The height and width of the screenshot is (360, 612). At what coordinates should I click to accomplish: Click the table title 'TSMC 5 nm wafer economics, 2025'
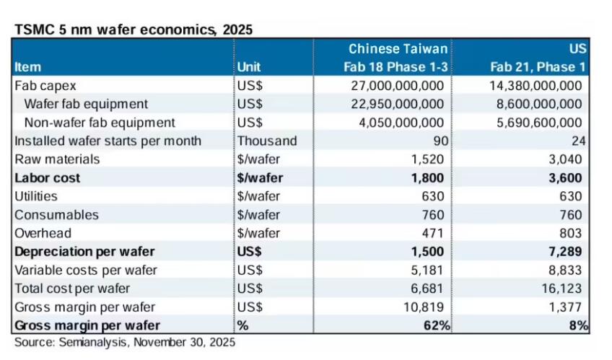point(133,30)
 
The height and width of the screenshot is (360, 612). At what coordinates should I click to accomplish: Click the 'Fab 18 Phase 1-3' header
point(397,67)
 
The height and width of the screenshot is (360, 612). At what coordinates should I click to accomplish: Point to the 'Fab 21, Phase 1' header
point(537,67)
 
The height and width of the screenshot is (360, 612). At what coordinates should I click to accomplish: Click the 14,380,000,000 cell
point(538,85)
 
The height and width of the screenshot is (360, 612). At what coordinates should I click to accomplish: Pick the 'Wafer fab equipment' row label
point(86,104)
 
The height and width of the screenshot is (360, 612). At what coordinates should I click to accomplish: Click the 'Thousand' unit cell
point(266,141)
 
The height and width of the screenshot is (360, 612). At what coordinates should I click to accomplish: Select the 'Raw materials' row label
point(57,159)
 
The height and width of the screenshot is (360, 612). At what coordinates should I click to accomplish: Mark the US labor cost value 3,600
point(567,177)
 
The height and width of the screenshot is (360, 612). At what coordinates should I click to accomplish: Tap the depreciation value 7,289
point(567,252)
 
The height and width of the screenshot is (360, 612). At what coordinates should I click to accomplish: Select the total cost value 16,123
point(564,289)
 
